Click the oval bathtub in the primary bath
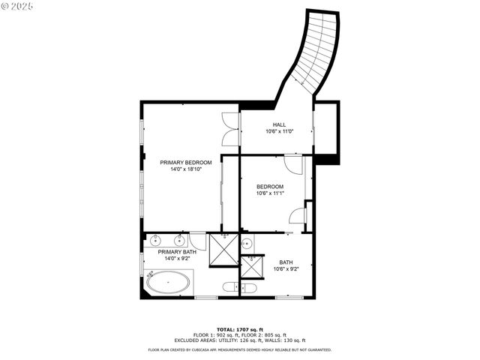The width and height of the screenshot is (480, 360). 167,283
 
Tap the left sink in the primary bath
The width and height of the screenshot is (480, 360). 156,240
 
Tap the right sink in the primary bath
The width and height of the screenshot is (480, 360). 180,240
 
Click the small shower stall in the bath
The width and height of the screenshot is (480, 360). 253,268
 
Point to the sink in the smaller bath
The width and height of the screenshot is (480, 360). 246,243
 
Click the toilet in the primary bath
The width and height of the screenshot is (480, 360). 229,286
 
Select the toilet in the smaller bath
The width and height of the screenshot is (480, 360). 249,287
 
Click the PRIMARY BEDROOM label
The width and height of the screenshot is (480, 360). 185,162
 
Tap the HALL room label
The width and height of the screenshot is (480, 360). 279,124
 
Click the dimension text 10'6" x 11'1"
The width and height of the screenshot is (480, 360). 270,193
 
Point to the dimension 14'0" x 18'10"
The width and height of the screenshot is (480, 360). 185,169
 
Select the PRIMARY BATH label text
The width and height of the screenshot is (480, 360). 176,252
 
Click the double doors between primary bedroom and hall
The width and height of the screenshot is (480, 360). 230,128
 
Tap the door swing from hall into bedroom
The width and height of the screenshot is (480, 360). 293,163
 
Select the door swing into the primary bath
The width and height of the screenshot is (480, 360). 197,241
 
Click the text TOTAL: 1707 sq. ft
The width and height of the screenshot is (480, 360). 239,329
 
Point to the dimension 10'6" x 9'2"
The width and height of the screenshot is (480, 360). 286,268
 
